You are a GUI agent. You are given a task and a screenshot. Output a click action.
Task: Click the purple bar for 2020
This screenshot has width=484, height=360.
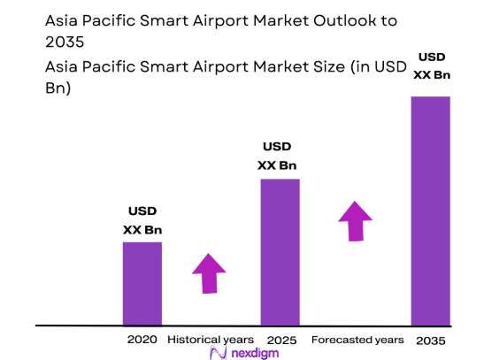tap(142, 283)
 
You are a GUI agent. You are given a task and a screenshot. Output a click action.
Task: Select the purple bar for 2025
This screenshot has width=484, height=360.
tap(279, 252)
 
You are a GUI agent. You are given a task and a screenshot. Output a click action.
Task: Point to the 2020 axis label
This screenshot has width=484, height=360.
tap(142, 340)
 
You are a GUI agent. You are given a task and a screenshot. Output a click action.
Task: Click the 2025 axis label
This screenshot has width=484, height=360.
tap(279, 340)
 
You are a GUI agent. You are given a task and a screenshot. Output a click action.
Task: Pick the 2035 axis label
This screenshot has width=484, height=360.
tap(432, 340)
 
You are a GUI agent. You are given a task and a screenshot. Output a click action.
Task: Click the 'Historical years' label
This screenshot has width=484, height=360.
tap(211, 340)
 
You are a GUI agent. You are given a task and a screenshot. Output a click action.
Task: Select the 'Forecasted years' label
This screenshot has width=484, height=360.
tap(357, 340)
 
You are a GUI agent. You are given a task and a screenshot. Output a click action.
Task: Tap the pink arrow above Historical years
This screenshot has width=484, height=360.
tap(209, 273)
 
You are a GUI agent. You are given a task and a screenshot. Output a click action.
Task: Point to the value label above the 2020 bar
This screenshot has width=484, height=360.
tap(142, 221)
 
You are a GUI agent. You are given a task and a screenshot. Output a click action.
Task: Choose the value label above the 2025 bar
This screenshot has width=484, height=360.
tap(277, 157)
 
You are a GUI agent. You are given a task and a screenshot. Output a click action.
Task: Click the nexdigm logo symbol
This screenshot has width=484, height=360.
tap(218, 352)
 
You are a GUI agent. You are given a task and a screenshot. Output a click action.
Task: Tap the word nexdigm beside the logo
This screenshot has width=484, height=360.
tap(253, 352)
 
